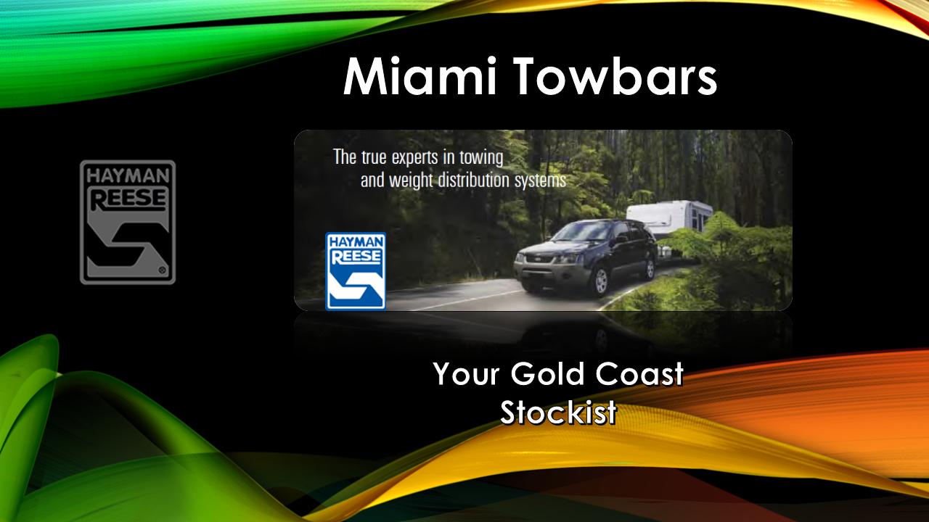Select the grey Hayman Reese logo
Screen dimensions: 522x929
pyautogui.click(x=128, y=222)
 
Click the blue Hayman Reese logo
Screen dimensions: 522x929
pyautogui.click(x=356, y=270)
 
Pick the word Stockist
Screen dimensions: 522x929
pyautogui.click(x=558, y=413)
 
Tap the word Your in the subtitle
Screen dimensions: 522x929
pyautogui.click(x=466, y=374)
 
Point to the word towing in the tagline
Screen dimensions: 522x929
pyautogui.click(x=484, y=157)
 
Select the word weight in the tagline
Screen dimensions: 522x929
pyautogui.click(x=412, y=181)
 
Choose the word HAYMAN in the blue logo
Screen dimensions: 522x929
pyautogui.click(x=356, y=246)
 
